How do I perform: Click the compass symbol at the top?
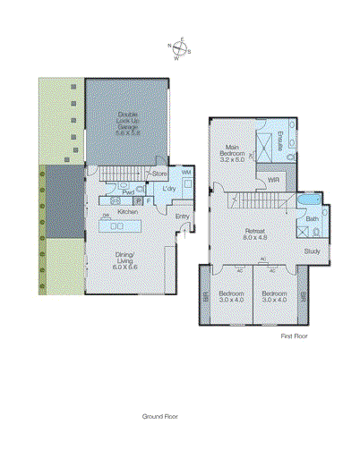tap(180, 49)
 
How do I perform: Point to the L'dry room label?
tap(167, 190)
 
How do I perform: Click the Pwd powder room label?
tap(128, 191)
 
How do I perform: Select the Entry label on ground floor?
tap(182, 216)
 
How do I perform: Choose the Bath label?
tap(311, 219)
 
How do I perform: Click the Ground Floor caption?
tap(160, 416)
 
